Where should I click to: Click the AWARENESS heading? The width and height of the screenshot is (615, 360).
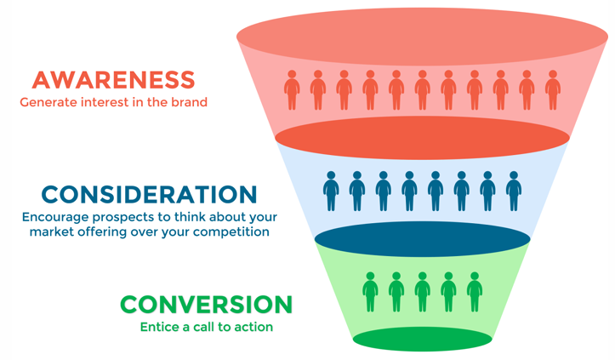113,80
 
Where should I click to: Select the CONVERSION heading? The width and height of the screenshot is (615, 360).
206,304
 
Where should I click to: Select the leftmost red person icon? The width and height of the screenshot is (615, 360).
292,90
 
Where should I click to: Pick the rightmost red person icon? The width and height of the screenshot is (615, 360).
553,90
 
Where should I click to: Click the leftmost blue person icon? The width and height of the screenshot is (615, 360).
331,191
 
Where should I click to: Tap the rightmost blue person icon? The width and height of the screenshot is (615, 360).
514,191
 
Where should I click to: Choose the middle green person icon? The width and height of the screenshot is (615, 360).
422,292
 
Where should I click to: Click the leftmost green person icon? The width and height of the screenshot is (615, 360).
370,292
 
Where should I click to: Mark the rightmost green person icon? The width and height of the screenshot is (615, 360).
475,292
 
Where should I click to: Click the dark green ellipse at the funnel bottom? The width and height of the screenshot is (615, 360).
422,340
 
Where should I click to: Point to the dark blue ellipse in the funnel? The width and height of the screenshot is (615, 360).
422,239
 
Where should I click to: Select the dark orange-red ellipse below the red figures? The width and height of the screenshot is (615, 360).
422,140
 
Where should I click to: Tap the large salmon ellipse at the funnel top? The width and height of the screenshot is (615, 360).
422,36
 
